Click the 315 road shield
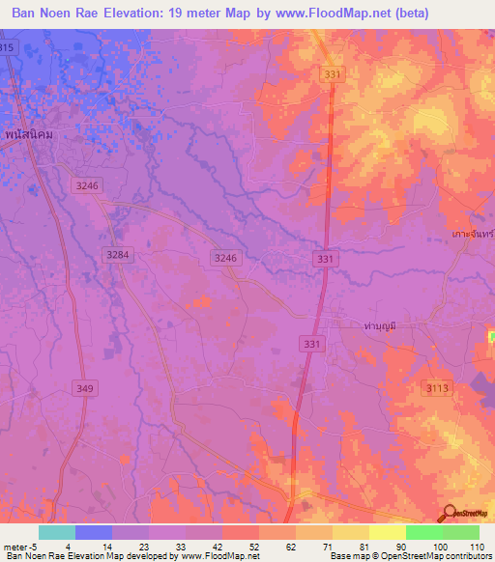pos(8,48)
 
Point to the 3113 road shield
pos(438,387)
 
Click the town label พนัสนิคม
pos(27,134)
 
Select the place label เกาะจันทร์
pos(473,235)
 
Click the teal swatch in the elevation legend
pos(57,532)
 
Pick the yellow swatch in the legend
pos(388,532)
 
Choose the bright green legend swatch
pos(424,532)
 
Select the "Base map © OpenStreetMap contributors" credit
pos(409,556)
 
